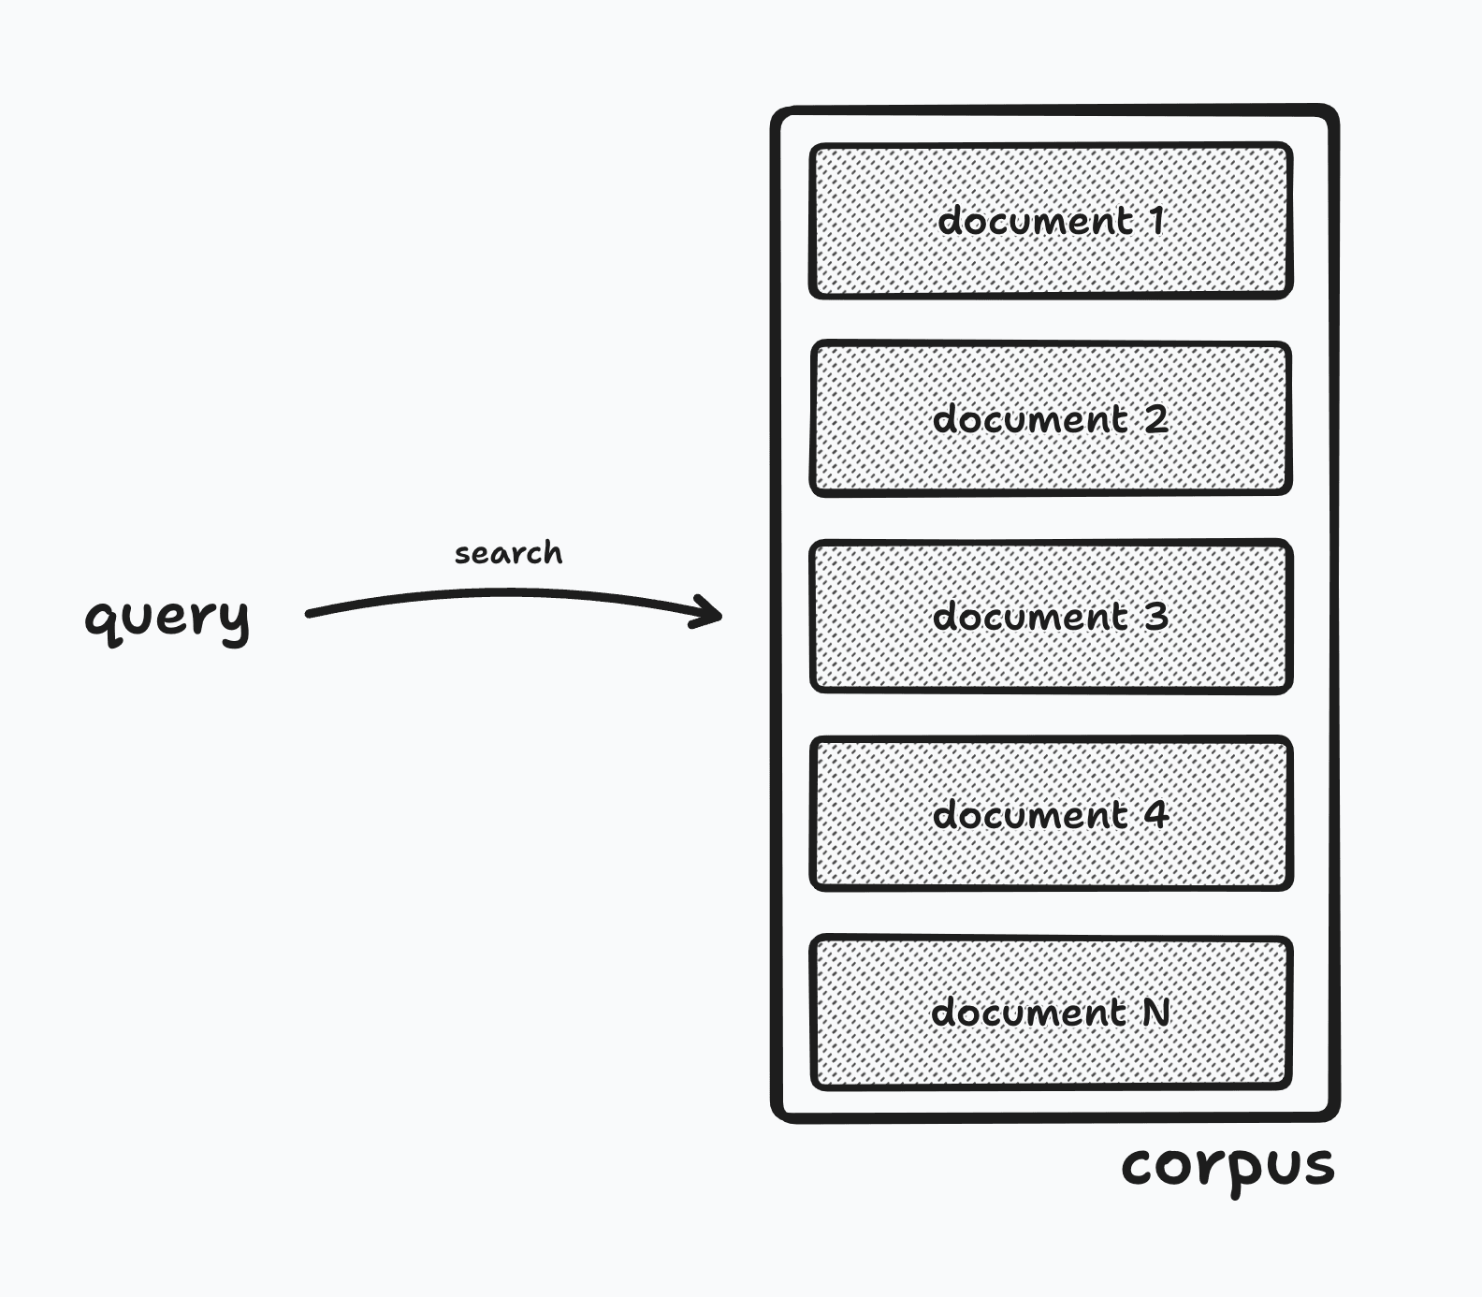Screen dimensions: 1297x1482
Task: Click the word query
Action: (167, 617)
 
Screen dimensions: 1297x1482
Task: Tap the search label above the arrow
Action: (508, 553)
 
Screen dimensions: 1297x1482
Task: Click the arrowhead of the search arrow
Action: (713, 614)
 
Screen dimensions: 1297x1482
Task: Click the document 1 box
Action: (1051, 221)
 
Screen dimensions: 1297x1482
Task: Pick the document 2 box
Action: (1051, 418)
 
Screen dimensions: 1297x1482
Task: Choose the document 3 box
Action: (1051, 617)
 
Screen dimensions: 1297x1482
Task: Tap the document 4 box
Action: (1051, 814)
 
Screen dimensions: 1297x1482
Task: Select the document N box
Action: (1051, 1013)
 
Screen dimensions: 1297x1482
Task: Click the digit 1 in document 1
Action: (1157, 221)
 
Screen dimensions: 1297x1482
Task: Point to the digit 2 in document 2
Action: (1156, 418)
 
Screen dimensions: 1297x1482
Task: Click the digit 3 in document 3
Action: (1156, 617)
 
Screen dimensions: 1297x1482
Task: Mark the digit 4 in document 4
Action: (1156, 814)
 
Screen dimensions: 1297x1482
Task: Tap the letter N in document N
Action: (1156, 1012)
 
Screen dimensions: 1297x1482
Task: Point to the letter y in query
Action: (235, 621)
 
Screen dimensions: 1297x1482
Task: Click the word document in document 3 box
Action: (1030, 617)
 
